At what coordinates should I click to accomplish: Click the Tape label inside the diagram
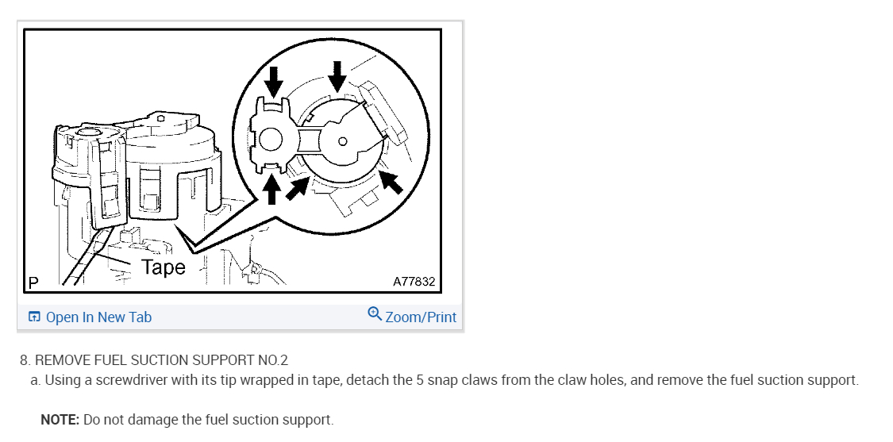pyautogui.click(x=164, y=267)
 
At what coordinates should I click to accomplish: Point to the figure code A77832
pyautogui.click(x=414, y=282)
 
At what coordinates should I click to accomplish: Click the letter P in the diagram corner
pyautogui.click(x=33, y=282)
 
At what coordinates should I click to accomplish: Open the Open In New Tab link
pyautogui.click(x=98, y=317)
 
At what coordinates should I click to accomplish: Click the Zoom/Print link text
pyautogui.click(x=421, y=317)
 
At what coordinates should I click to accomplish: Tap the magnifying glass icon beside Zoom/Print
pyautogui.click(x=375, y=314)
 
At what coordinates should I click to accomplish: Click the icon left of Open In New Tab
pyautogui.click(x=34, y=317)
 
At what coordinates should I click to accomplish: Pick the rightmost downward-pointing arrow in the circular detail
pyautogui.click(x=338, y=75)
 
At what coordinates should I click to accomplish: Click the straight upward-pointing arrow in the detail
pyautogui.click(x=272, y=189)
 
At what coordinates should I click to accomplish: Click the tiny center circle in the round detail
pyautogui.click(x=342, y=141)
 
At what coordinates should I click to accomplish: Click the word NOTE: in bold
pyautogui.click(x=60, y=420)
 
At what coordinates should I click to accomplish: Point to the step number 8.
pyautogui.click(x=24, y=360)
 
